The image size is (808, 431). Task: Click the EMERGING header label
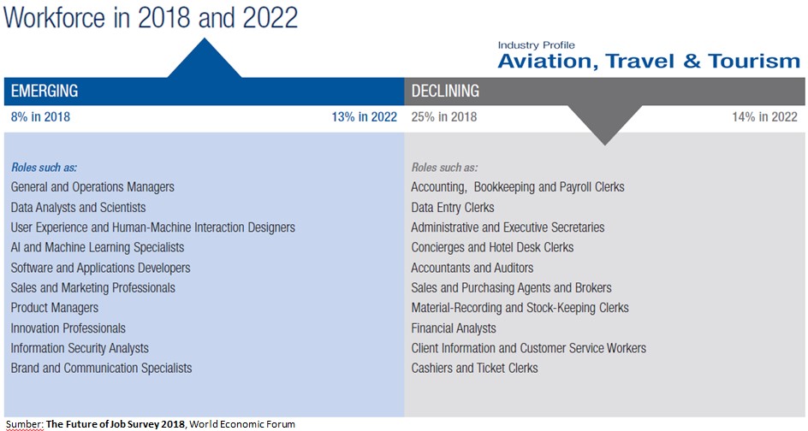(x=45, y=91)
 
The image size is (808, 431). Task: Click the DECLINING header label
(x=445, y=91)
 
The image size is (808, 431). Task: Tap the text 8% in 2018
(x=40, y=117)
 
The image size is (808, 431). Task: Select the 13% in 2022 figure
(x=364, y=117)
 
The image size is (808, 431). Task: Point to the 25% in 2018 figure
(x=444, y=117)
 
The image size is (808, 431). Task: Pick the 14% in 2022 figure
(x=764, y=117)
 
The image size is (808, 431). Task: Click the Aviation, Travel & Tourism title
(x=649, y=62)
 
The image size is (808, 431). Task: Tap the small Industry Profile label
(x=537, y=44)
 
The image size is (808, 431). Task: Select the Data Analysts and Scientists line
(x=79, y=208)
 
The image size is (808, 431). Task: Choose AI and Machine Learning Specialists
(x=98, y=248)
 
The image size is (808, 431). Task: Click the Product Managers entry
(x=55, y=308)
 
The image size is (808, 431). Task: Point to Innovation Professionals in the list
(x=68, y=328)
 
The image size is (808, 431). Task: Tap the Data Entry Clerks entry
(x=453, y=208)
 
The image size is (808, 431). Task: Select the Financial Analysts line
(x=454, y=328)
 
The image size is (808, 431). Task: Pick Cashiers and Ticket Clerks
(x=474, y=369)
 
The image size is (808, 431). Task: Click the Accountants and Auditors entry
(x=472, y=268)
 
